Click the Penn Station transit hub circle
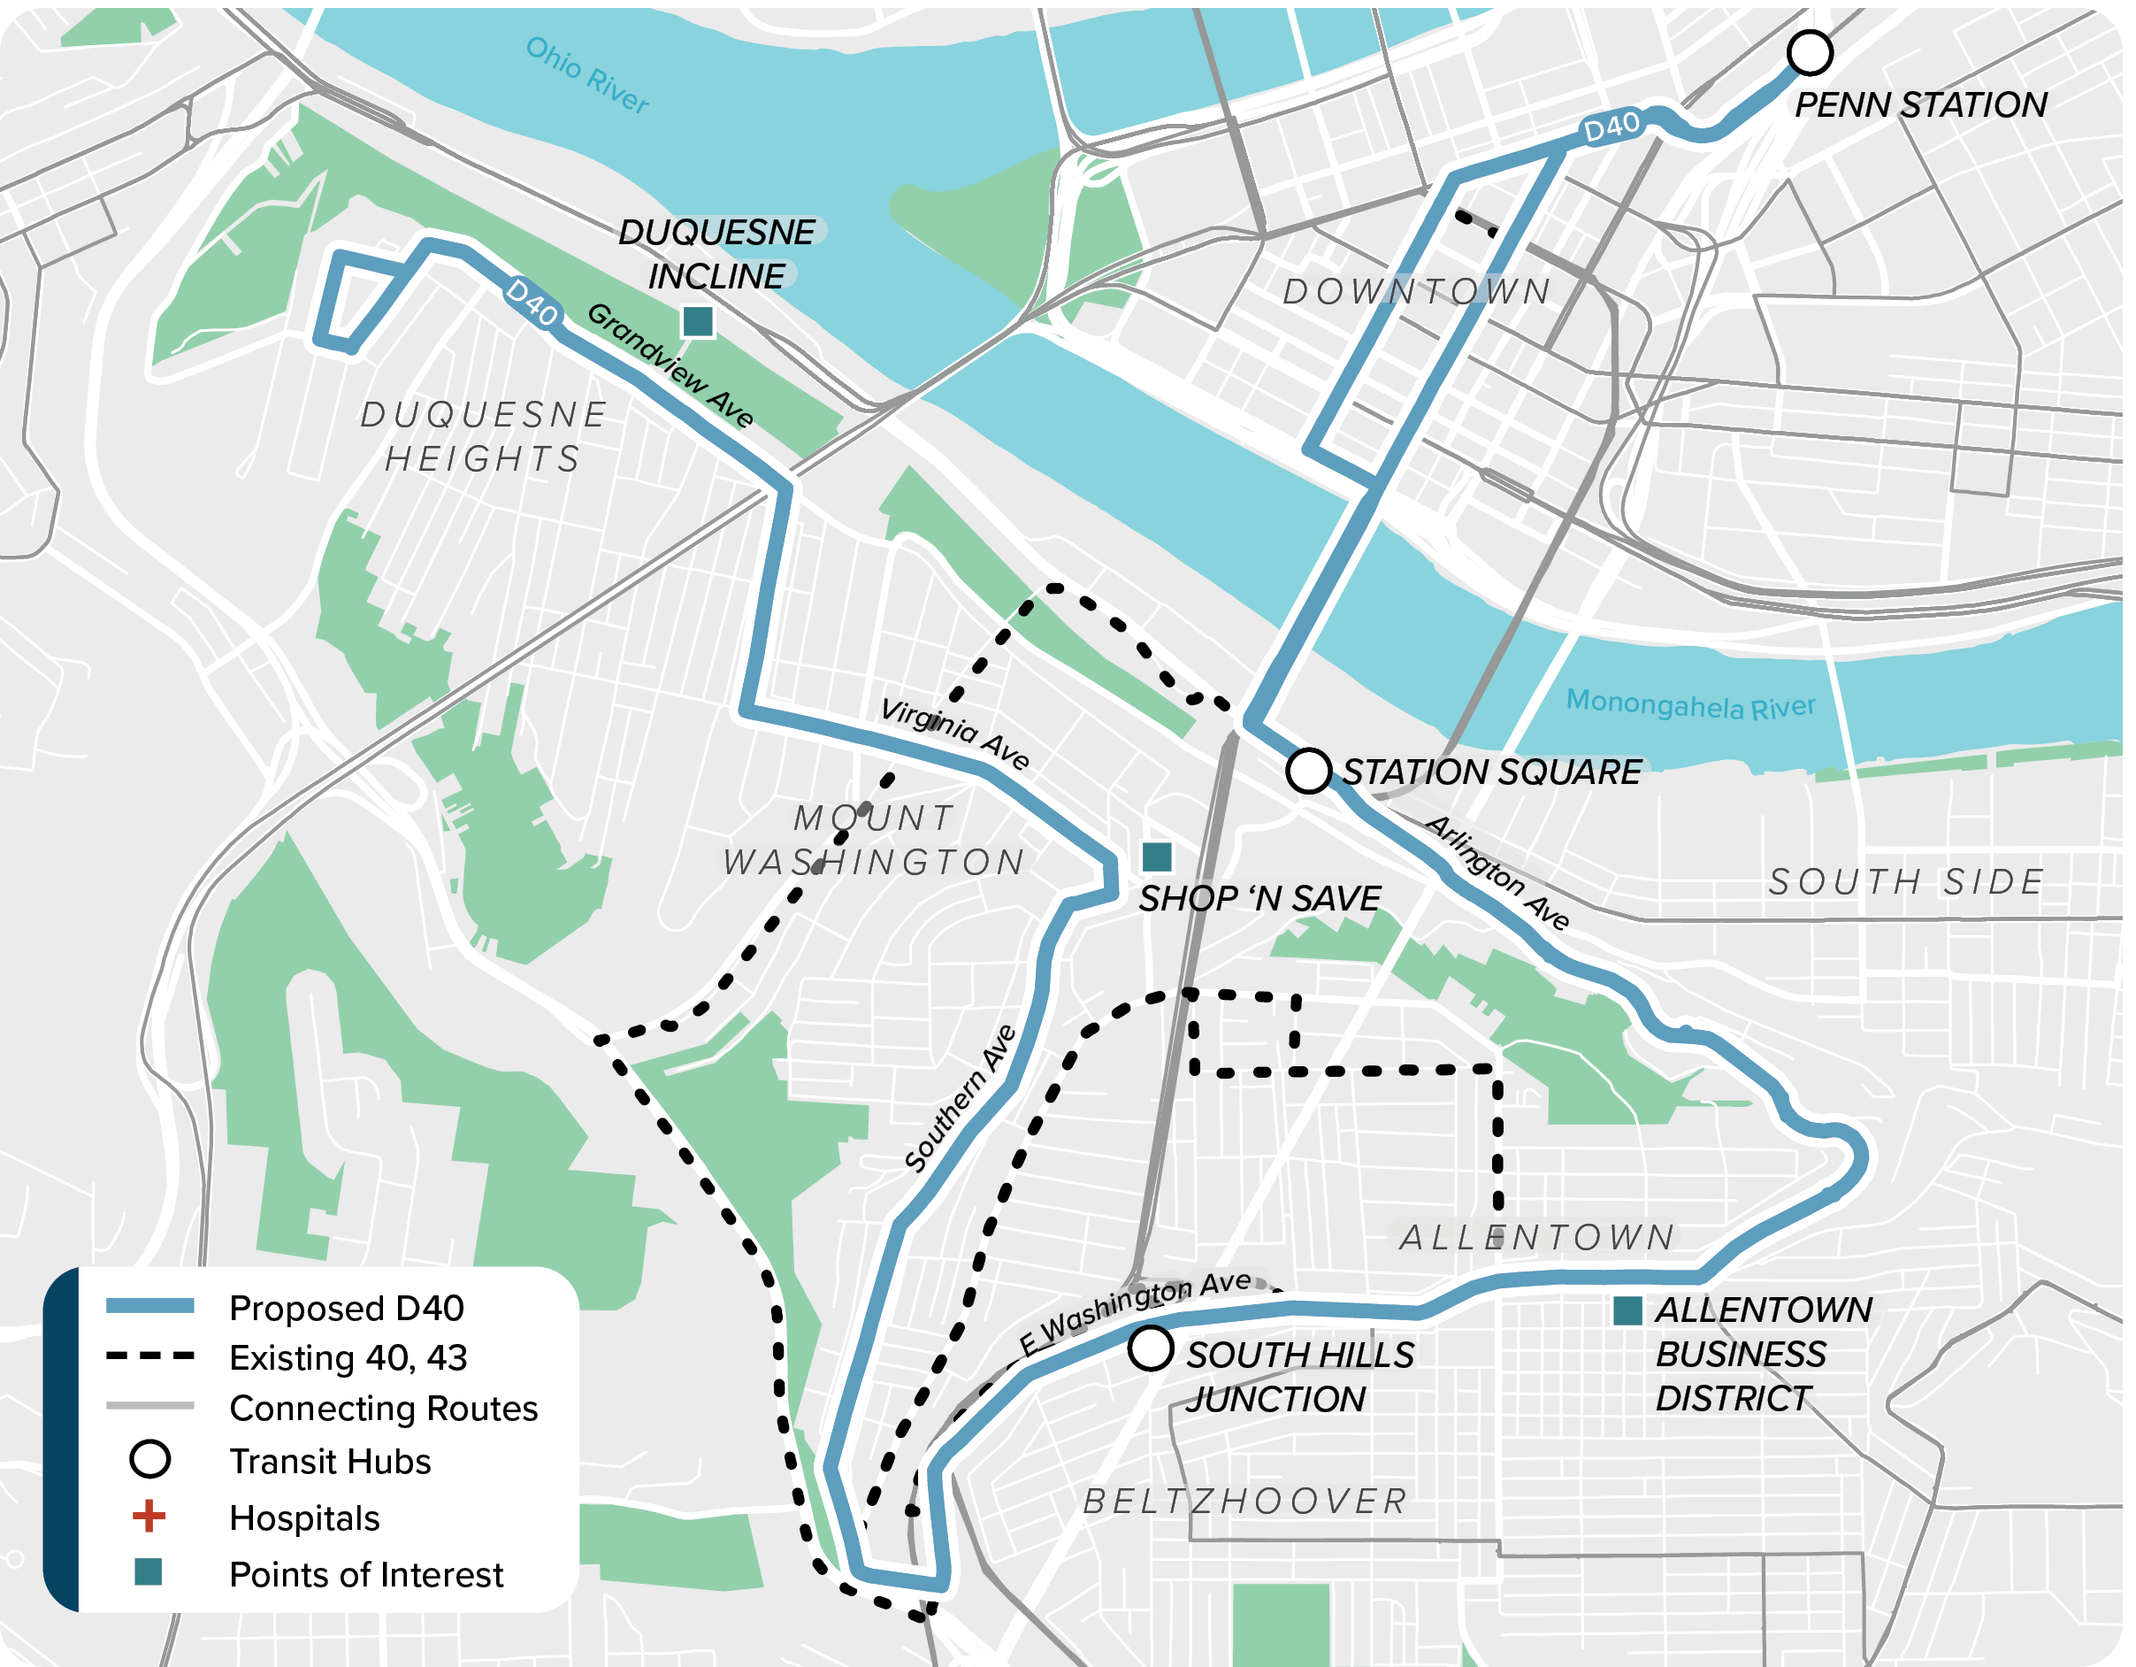coord(1810,53)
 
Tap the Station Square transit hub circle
coord(1309,771)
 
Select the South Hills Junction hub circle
coord(1150,1348)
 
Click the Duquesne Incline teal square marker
coord(697,321)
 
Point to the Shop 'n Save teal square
coord(1157,857)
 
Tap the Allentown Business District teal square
coord(1627,1311)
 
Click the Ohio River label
coord(586,76)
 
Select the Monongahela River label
coord(1690,704)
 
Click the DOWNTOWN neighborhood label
coord(1416,291)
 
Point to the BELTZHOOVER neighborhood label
coord(1245,1501)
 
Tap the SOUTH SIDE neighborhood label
coord(1906,882)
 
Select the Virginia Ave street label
coord(954,734)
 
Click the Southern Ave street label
coord(960,1099)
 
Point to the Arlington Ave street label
coord(1497,872)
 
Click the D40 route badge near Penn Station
coord(1611,127)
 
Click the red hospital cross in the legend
coord(149,1517)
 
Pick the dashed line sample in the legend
coord(149,1357)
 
